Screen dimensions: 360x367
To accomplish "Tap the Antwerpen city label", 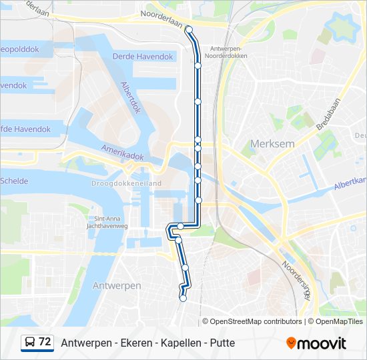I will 116,285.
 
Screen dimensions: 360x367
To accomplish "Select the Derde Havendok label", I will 143,57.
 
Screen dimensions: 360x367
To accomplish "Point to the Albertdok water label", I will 131,97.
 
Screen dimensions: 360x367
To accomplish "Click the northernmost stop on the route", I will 189,29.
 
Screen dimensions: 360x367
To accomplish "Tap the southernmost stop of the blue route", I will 183,298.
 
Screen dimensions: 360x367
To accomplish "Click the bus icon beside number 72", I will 30,343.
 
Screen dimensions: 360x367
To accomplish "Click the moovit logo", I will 316,343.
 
